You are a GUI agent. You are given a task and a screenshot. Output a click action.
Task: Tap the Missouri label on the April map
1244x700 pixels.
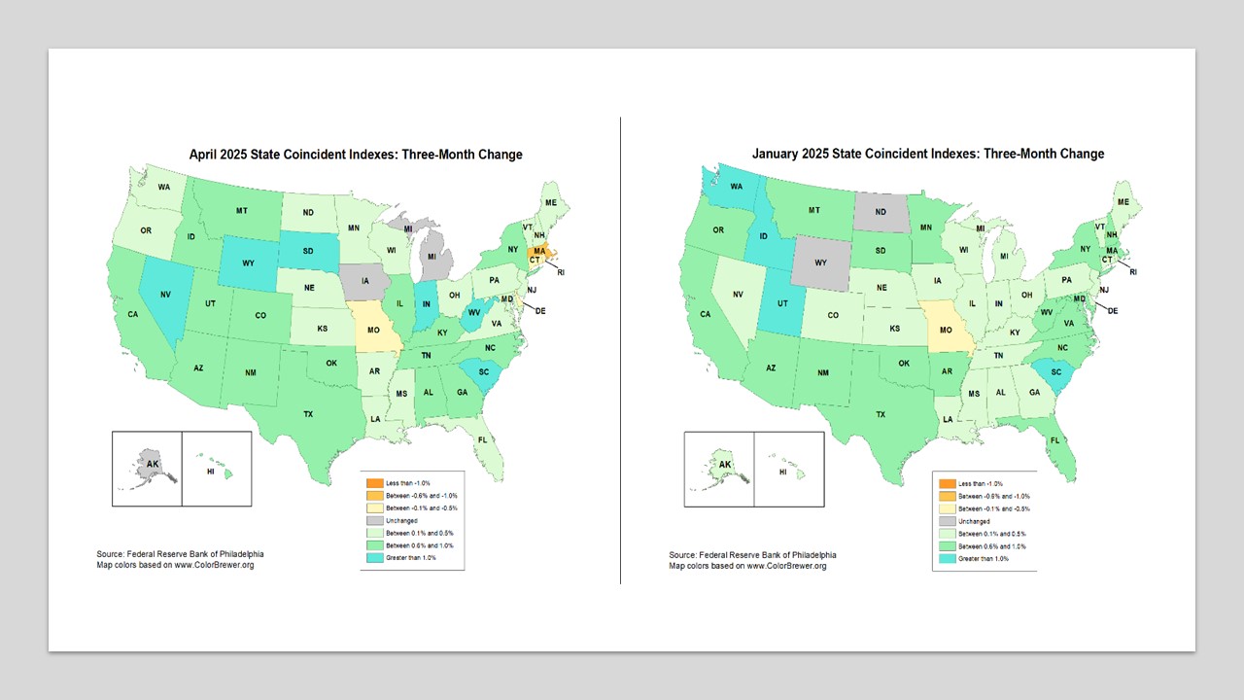pyautogui.click(x=373, y=330)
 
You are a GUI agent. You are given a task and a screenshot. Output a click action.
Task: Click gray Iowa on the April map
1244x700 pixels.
pyautogui.click(x=365, y=281)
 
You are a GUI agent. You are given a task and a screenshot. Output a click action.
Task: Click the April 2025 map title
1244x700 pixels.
pyautogui.click(x=355, y=154)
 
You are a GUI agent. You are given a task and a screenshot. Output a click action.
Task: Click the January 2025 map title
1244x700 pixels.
pyautogui.click(x=927, y=154)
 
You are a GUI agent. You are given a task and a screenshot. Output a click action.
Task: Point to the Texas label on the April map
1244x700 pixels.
pyautogui.click(x=308, y=414)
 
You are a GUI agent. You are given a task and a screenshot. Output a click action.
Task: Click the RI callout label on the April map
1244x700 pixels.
pyautogui.click(x=560, y=272)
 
